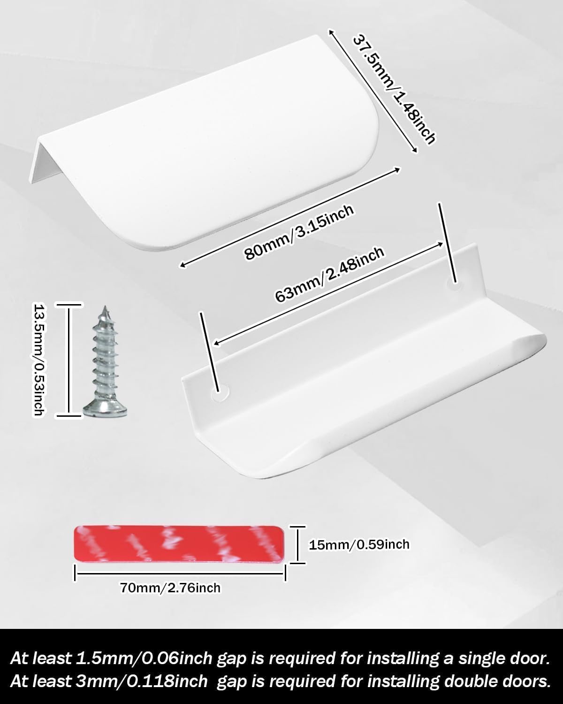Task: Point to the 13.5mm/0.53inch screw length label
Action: (x=39, y=360)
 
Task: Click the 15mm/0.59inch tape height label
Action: (x=359, y=545)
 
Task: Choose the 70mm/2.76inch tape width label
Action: (x=170, y=588)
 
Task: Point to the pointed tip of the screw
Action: (x=105, y=307)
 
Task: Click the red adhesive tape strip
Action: (x=179, y=544)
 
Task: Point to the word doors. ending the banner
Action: (x=524, y=681)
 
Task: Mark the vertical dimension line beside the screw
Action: (x=68, y=360)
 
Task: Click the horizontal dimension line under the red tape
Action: (x=180, y=573)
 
